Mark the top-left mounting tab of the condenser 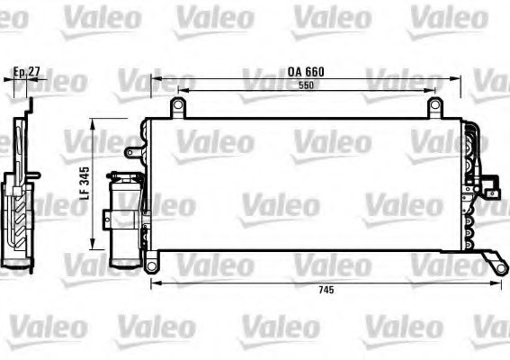click(x=178, y=108)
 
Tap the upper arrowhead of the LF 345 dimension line click(x=97, y=127)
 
